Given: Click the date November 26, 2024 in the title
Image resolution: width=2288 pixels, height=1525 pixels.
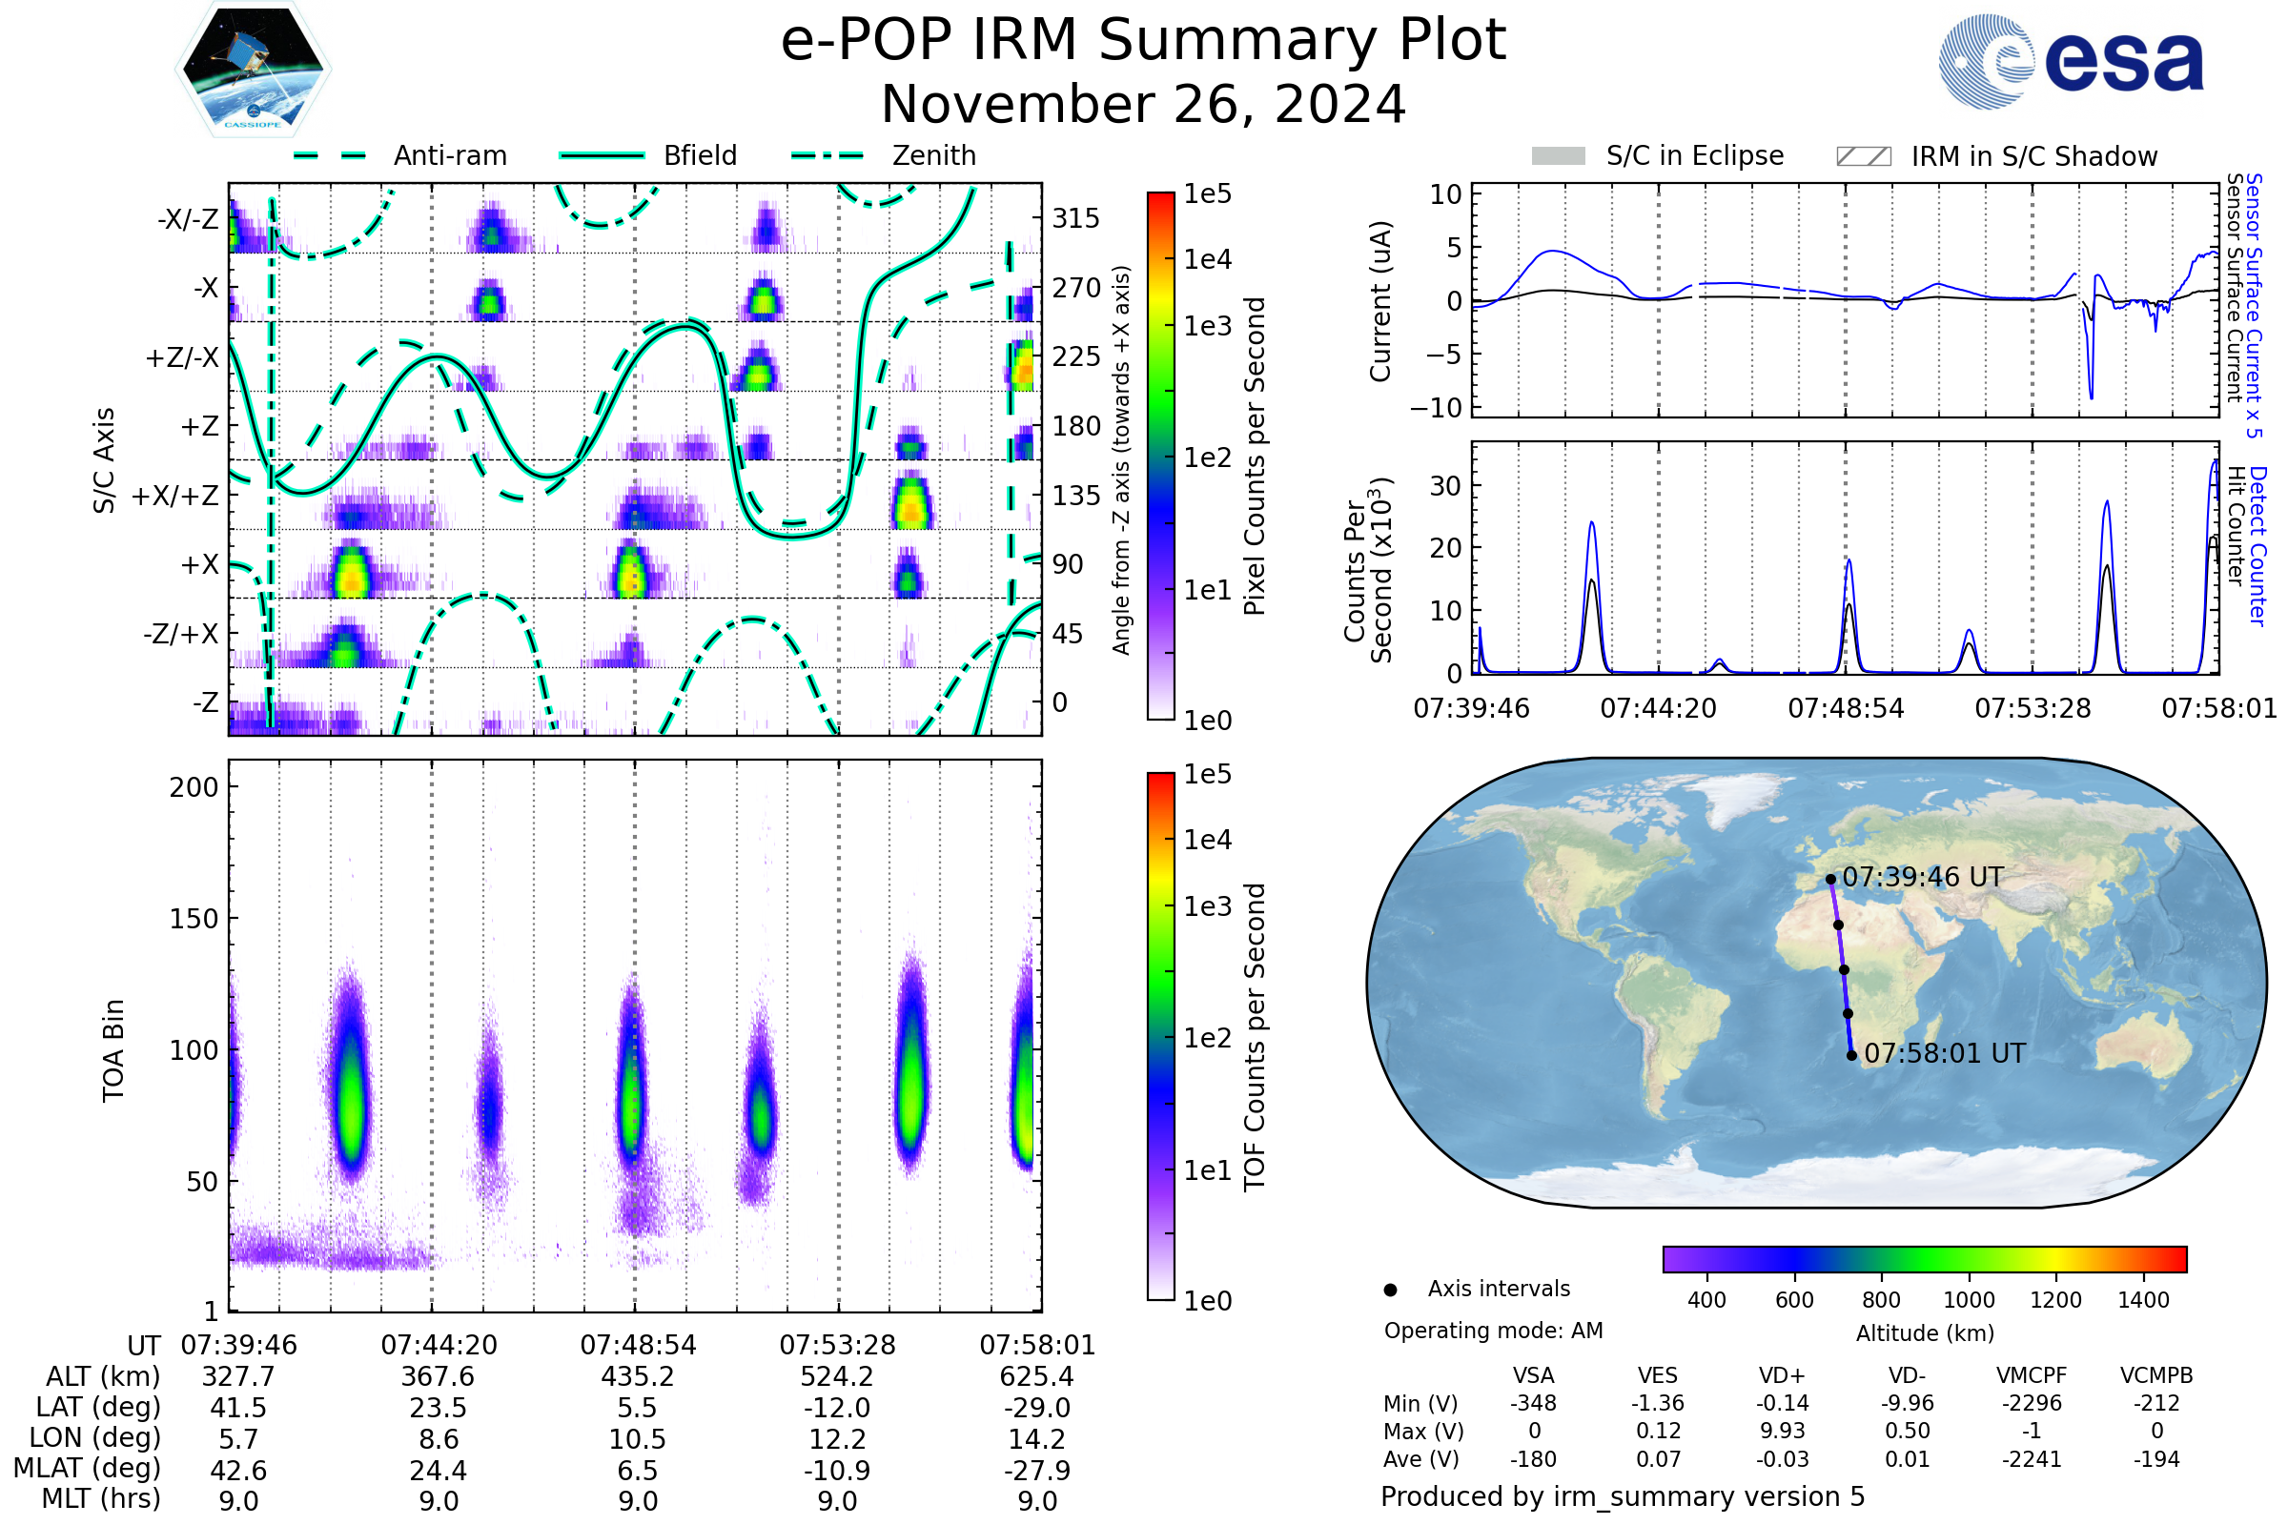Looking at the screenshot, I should (x=1143, y=105).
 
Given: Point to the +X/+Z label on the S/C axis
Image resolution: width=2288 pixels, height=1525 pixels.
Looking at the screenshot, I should (x=175, y=496).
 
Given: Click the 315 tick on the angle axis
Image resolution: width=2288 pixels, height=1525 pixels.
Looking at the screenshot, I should (x=1076, y=218).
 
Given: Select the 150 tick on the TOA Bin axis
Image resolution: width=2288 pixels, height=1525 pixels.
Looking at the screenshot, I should (x=194, y=919).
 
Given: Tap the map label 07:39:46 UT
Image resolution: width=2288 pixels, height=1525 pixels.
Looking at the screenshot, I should (x=1922, y=877).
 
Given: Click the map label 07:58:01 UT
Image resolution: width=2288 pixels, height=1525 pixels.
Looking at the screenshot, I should (x=1945, y=1053).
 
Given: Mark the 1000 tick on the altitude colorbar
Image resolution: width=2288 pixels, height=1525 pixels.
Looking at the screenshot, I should (x=1968, y=1300).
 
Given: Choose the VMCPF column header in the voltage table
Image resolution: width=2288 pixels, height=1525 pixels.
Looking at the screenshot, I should (x=2032, y=1376).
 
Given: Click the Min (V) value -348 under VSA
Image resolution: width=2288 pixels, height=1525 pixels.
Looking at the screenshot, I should (x=1533, y=1403).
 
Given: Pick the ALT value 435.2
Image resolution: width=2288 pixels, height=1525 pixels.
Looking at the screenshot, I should (x=637, y=1377).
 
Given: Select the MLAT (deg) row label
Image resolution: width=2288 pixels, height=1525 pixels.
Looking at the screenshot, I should (x=87, y=1469).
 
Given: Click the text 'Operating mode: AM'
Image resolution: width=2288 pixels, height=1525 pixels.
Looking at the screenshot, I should (x=1493, y=1331).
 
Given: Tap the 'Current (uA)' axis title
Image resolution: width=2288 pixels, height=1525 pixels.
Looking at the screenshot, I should (x=1380, y=301).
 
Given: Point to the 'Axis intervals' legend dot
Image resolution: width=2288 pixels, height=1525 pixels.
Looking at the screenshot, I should (x=1391, y=1290).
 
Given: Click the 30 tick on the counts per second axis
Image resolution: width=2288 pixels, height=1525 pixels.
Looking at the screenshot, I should (x=1445, y=485).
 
